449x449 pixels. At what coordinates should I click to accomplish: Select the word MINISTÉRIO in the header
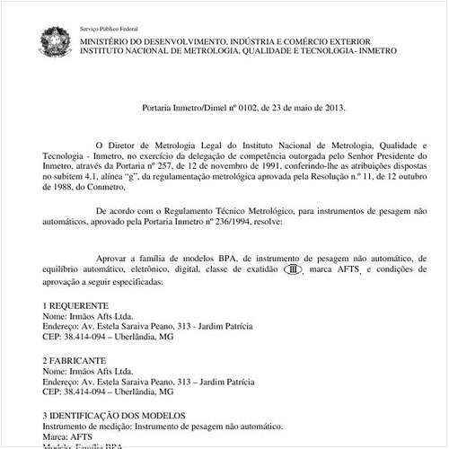(106, 40)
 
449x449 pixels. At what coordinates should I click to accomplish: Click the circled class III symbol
(292, 269)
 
